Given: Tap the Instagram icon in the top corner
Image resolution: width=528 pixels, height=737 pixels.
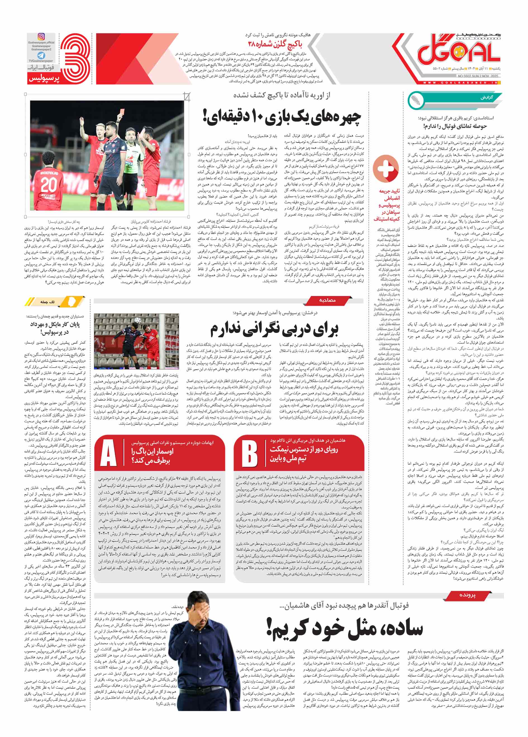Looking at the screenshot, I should click(x=42, y=36).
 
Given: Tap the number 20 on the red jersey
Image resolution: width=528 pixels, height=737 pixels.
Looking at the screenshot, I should click(x=48, y=185).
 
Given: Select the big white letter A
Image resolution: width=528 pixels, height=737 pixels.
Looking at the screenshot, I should click(x=108, y=454).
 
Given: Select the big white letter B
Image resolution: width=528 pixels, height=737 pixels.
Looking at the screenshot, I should click(x=249, y=454).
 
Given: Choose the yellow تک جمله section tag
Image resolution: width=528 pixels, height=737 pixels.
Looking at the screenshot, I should click(x=48, y=302).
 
